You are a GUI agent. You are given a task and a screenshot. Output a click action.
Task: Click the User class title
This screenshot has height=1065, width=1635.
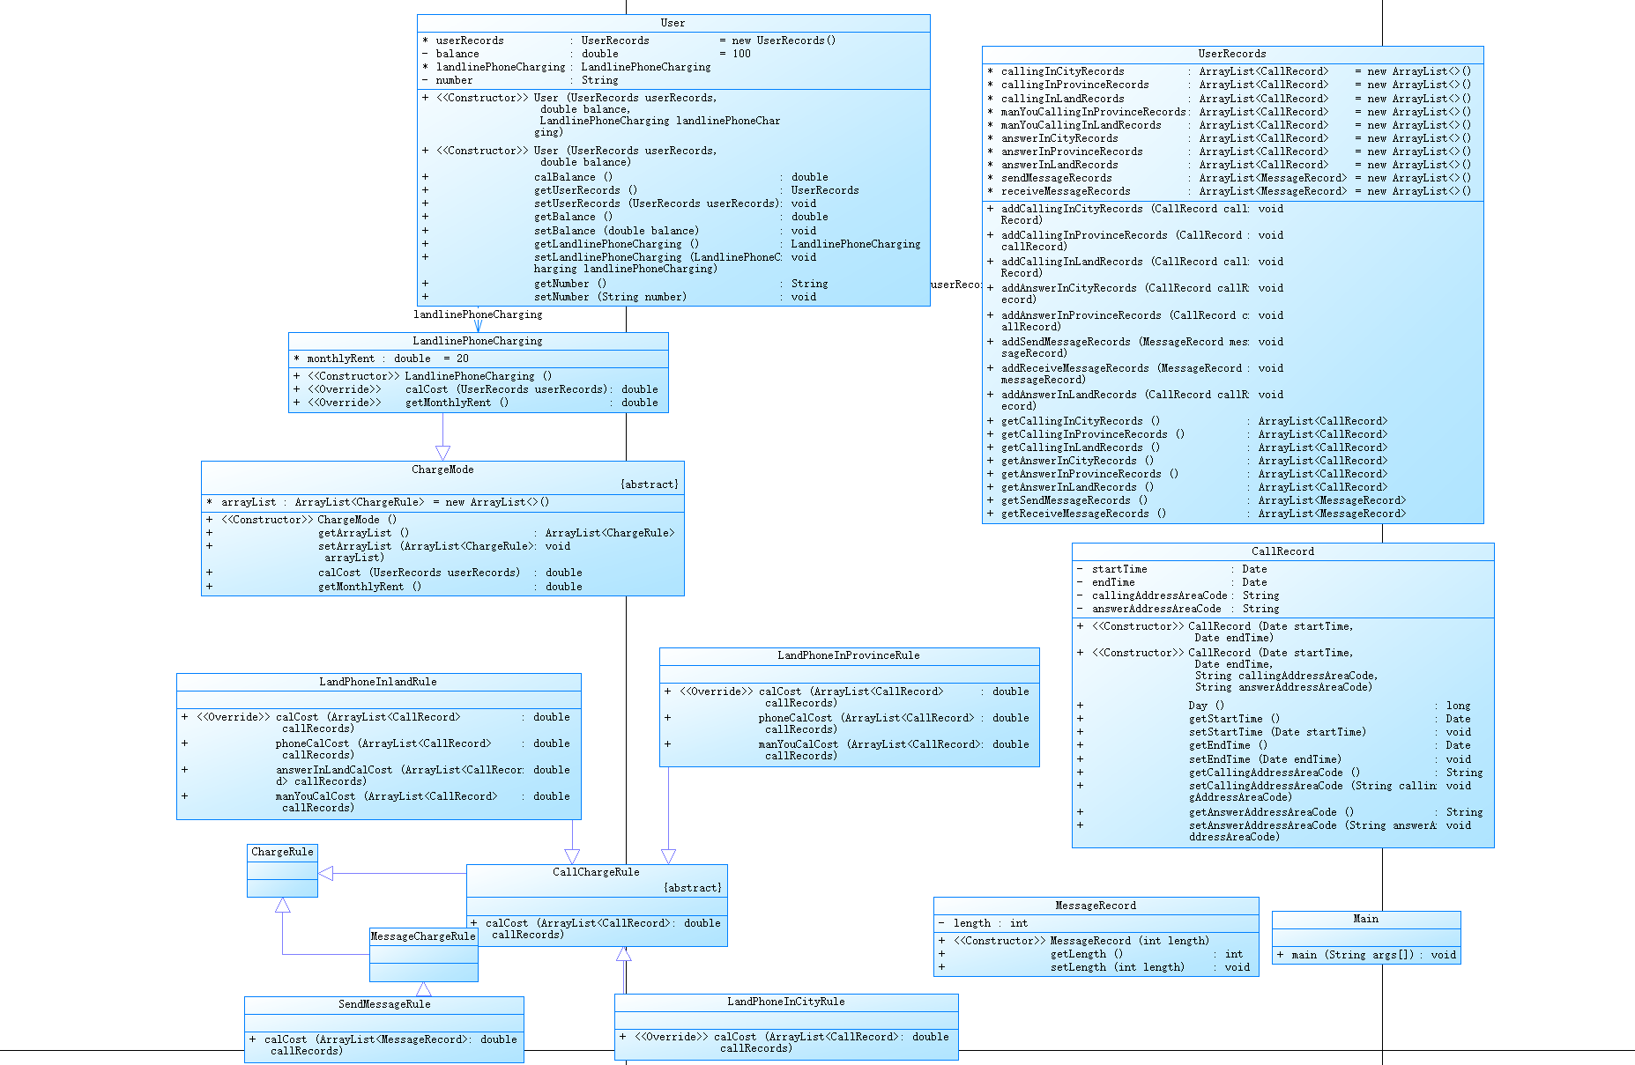[673, 23]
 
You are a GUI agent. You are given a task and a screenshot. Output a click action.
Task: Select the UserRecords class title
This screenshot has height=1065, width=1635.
[1231, 54]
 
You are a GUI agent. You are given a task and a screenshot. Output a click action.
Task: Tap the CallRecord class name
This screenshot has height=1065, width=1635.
[1282, 551]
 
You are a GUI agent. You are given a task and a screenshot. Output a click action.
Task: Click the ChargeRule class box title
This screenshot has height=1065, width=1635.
[282, 852]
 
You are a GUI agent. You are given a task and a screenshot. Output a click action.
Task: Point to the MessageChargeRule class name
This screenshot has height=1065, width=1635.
[423, 936]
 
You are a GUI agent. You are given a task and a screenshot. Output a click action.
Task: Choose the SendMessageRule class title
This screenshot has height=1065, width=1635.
[384, 1004]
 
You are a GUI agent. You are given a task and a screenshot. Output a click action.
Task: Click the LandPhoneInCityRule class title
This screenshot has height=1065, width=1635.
[785, 1002]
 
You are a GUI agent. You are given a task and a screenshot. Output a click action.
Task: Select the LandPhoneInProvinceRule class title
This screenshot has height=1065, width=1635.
[848, 655]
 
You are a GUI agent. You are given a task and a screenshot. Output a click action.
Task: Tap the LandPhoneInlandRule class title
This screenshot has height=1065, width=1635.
[377, 682]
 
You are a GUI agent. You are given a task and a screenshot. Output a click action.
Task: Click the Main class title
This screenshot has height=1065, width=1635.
[1365, 919]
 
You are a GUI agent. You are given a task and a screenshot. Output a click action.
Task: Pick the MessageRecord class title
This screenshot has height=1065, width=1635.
[1096, 906]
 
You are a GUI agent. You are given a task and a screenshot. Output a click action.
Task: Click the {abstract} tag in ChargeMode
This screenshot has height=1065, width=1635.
[649, 484]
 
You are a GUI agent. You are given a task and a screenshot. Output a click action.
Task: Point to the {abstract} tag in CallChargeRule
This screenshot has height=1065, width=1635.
[692, 888]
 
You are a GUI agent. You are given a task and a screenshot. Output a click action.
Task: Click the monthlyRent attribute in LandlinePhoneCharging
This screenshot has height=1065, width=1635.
[340, 359]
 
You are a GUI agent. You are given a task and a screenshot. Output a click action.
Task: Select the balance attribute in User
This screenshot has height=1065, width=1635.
[457, 54]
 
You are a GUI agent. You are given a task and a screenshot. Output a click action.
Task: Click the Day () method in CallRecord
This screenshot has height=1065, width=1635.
[1206, 706]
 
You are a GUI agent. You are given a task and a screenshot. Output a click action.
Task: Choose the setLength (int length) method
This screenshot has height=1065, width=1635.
[1117, 967]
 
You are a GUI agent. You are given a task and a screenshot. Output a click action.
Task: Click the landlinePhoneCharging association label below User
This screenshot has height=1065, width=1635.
[478, 314]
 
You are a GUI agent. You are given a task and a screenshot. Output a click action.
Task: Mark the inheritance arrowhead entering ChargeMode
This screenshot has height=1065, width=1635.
[442, 453]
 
